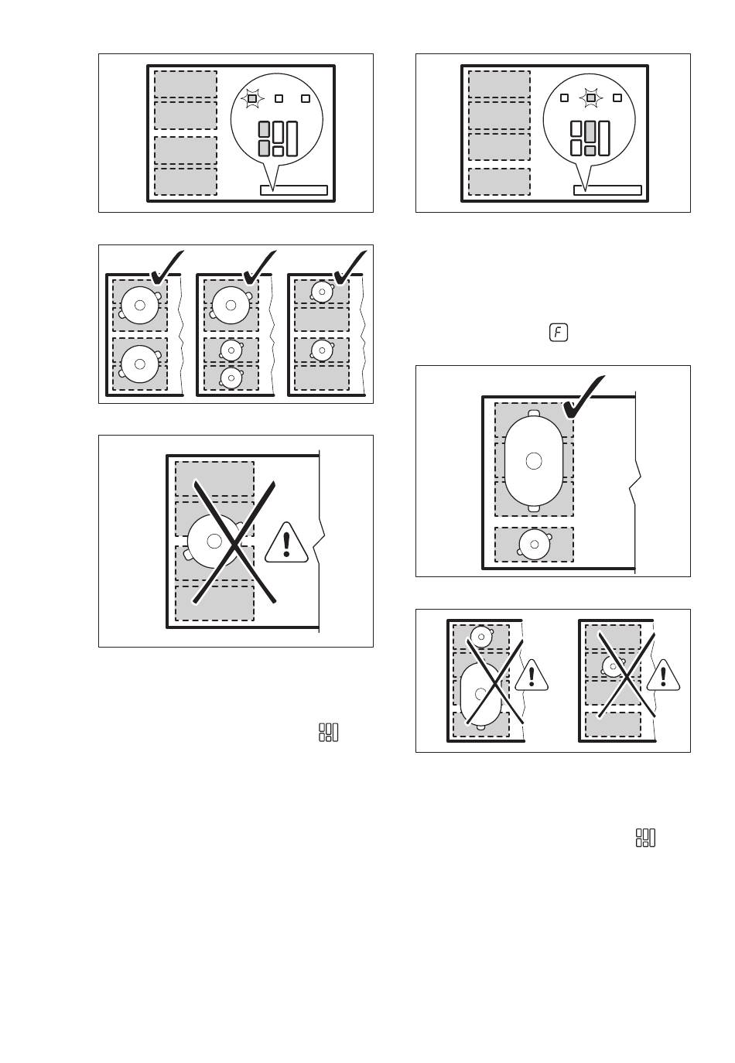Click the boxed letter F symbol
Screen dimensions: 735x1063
pyautogui.click(x=558, y=333)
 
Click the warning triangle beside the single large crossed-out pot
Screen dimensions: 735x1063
pyautogui.click(x=286, y=544)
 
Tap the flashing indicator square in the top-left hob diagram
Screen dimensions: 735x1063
pyautogui.click(x=252, y=98)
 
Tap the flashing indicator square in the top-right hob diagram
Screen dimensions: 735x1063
pyautogui.click(x=591, y=97)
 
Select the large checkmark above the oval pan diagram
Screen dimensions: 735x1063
pyautogui.click(x=583, y=398)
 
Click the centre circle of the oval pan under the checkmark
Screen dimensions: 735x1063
pyautogui.click(x=534, y=460)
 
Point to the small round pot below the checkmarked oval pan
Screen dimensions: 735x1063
pyautogui.click(x=535, y=545)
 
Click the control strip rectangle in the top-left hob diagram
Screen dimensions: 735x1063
pyautogui.click(x=294, y=190)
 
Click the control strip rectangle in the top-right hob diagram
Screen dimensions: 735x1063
pyautogui.click(x=607, y=190)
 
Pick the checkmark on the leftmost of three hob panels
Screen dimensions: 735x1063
pyautogui.click(x=166, y=268)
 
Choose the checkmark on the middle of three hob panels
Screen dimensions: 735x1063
pyautogui.click(x=259, y=268)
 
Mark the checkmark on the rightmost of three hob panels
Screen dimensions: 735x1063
pyautogui.click(x=350, y=268)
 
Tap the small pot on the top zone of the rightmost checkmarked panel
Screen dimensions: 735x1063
pyautogui.click(x=322, y=292)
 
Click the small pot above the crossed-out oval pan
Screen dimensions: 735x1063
pyautogui.click(x=481, y=637)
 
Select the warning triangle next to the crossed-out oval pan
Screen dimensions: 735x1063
pyautogui.click(x=532, y=675)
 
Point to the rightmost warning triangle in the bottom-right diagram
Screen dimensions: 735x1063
pyautogui.click(x=663, y=675)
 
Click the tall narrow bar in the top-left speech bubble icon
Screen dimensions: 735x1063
pyautogui.click(x=292, y=139)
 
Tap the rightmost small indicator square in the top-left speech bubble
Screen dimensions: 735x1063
pyautogui.click(x=306, y=98)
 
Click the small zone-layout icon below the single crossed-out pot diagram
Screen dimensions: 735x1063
pyautogui.click(x=328, y=732)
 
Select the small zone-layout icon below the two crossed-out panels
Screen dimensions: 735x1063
pyautogui.click(x=645, y=838)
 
